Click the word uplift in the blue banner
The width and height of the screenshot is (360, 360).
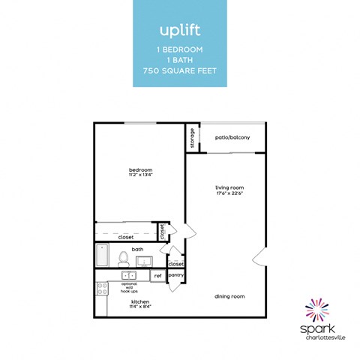coord(179,31)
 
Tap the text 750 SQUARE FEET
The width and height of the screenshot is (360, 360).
coord(179,71)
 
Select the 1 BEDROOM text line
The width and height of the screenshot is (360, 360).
coord(179,49)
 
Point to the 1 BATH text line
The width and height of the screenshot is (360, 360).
coord(179,60)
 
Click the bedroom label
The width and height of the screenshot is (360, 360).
coord(140,169)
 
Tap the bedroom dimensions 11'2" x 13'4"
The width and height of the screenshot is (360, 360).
coord(140,175)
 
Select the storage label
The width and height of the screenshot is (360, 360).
coord(193,138)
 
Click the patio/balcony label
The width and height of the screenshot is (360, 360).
coord(232,137)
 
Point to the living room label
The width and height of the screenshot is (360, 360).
coord(229,187)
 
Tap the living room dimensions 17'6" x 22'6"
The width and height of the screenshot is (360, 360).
coord(229,193)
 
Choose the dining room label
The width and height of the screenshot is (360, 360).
coord(231,296)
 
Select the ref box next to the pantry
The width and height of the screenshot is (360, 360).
coord(157,276)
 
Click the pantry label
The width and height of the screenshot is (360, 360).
coord(176,275)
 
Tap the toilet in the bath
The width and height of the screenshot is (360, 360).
coord(124,259)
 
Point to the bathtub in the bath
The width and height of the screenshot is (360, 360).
coord(103,256)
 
